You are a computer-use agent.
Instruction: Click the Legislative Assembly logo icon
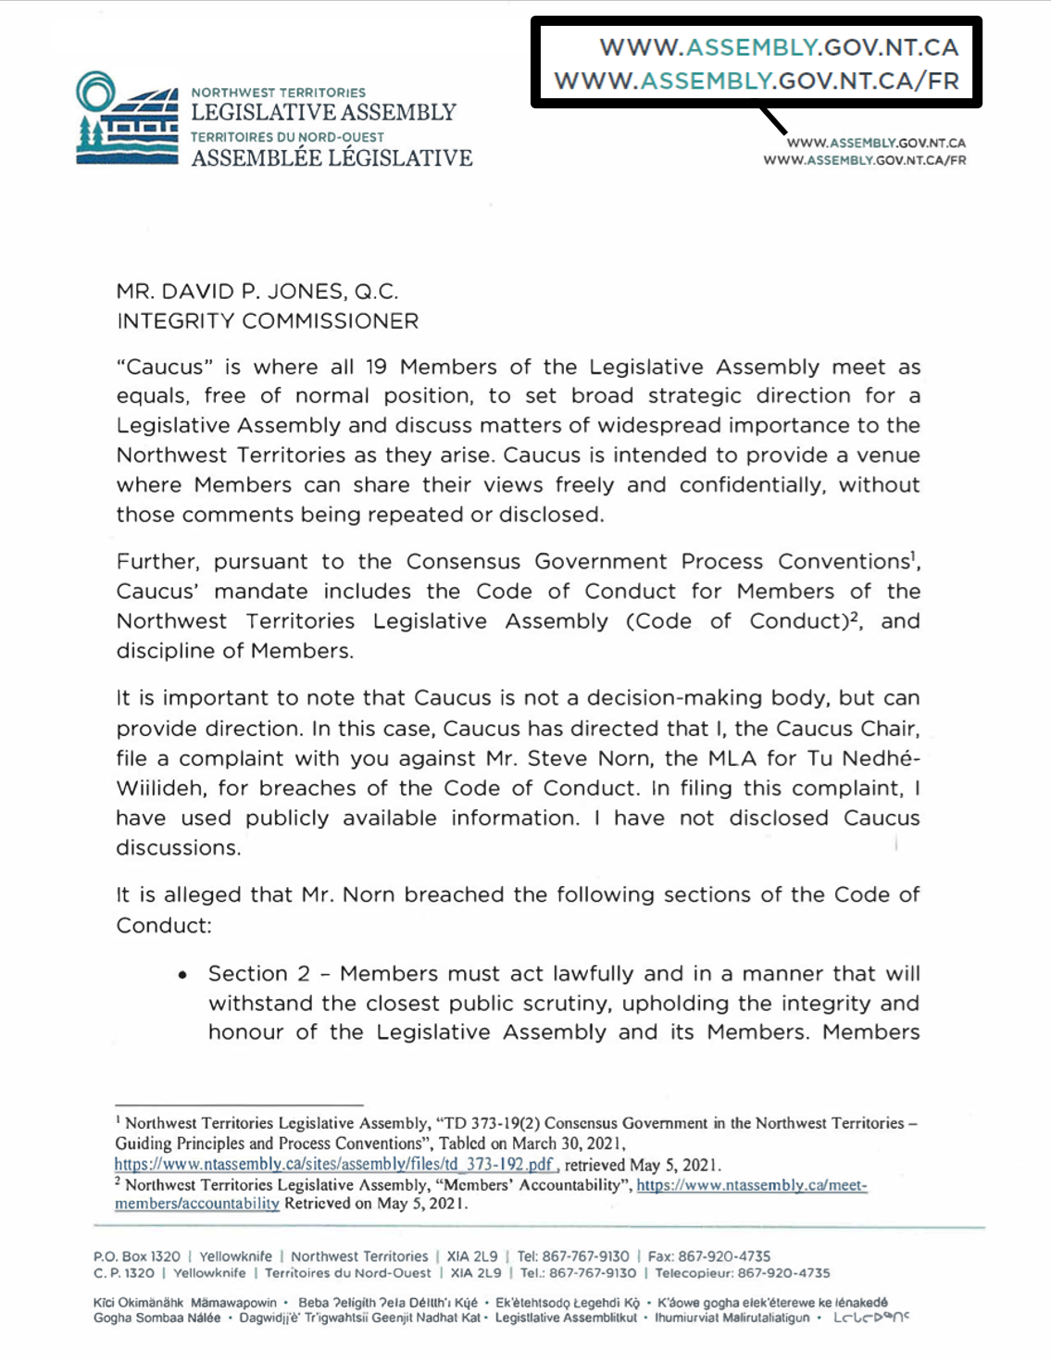tap(127, 119)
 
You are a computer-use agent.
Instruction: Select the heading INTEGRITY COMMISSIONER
tap(267, 321)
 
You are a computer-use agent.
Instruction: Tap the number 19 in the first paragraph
tap(376, 367)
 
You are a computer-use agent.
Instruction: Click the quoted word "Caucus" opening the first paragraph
tap(157, 367)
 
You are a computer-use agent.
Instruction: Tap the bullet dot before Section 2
tap(183, 975)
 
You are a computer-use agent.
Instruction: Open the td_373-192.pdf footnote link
tap(334, 1165)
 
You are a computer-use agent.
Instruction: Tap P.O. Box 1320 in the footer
tap(137, 1256)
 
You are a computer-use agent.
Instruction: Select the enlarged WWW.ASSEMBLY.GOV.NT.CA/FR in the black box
tap(757, 81)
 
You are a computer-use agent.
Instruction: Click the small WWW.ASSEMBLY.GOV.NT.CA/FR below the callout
tap(864, 160)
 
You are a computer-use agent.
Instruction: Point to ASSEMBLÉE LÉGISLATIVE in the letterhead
tap(332, 158)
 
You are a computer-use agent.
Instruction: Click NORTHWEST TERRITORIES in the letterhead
tap(278, 93)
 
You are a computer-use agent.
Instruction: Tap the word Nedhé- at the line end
tap(880, 758)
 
